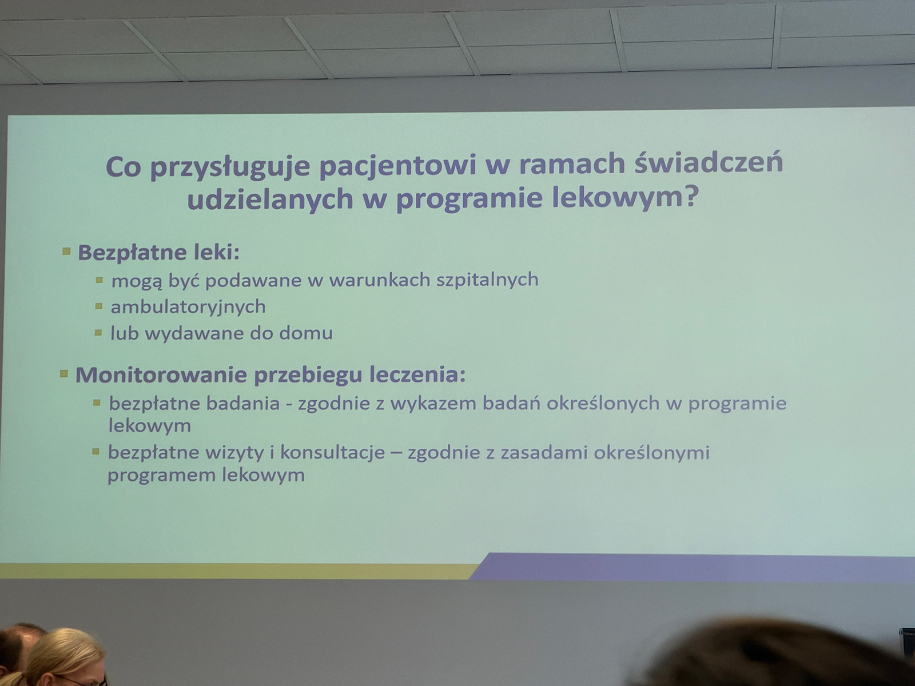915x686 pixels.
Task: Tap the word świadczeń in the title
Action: [x=709, y=162]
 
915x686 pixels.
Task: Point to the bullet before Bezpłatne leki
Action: [x=66, y=251]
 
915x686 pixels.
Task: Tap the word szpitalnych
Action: [x=487, y=280]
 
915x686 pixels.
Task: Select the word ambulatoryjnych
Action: [x=188, y=308]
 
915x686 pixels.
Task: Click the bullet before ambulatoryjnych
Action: [x=99, y=306]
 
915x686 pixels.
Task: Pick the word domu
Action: [x=305, y=333]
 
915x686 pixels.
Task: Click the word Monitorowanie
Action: [x=161, y=375]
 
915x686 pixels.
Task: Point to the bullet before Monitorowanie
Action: [x=64, y=373]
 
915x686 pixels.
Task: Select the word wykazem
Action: [x=433, y=404]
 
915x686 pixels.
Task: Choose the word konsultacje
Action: [x=332, y=453]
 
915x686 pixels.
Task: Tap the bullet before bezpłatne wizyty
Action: [x=96, y=452]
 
